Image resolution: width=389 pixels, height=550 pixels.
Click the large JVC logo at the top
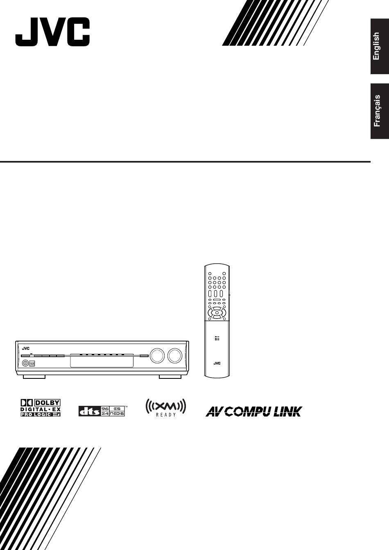click(52, 32)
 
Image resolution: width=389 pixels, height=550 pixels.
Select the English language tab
click(380, 46)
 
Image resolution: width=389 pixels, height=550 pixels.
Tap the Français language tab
click(380, 111)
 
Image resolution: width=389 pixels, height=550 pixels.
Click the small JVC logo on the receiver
click(26, 349)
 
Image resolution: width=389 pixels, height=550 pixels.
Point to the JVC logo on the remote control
click(217, 363)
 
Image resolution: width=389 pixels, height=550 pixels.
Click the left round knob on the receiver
click(157, 355)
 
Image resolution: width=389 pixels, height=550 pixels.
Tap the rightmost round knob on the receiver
click(175, 355)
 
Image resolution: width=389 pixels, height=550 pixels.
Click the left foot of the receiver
click(34, 377)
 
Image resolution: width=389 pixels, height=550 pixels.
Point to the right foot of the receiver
click(170, 377)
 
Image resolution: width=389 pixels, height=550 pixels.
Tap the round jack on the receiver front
click(25, 363)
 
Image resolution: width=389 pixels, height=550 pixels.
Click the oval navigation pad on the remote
click(217, 313)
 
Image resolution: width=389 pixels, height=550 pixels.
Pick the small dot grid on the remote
click(217, 338)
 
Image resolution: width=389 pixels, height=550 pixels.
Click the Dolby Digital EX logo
click(41, 408)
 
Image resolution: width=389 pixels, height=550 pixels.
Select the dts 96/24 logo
click(102, 411)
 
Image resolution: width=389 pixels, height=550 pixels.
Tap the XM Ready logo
click(166, 408)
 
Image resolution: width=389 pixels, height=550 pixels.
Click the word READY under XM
click(166, 415)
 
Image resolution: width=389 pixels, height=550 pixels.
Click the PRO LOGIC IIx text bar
click(41, 414)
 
